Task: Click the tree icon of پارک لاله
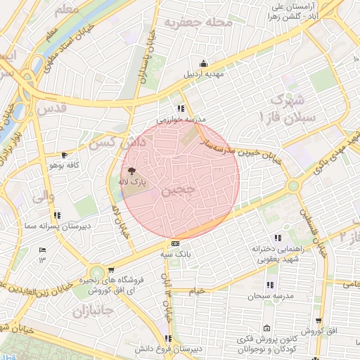pos(131,171)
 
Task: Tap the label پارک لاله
pos(131,182)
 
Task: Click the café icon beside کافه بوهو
pos(65,155)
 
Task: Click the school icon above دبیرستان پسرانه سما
pos(56,215)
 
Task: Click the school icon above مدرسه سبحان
pos(269,285)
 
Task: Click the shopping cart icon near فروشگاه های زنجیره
pos(112,269)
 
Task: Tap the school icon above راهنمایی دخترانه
pos(277,238)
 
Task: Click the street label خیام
pos(198,290)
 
